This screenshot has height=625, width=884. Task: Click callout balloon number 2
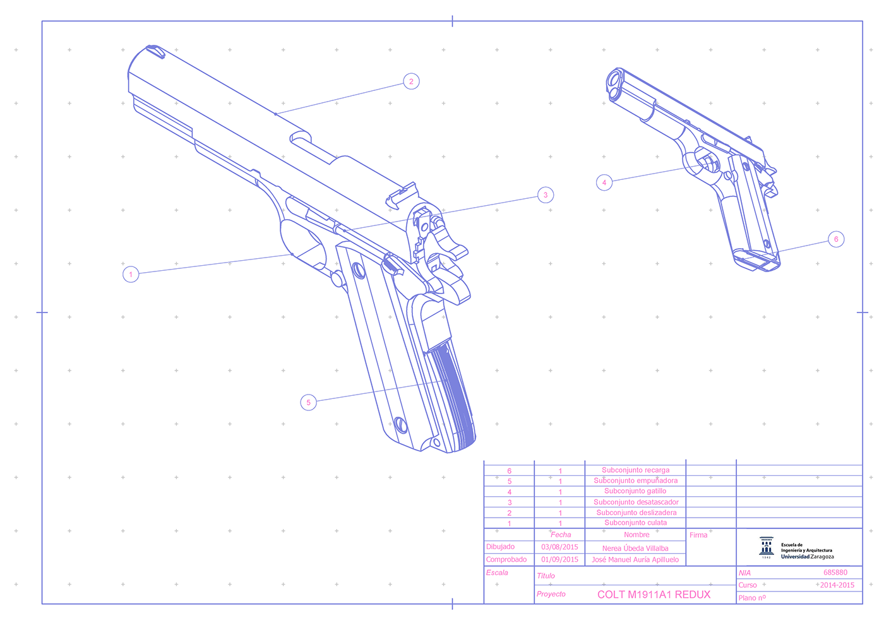pyautogui.click(x=411, y=81)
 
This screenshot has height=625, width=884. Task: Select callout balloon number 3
pyautogui.click(x=546, y=195)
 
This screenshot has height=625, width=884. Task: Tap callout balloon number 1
pyautogui.click(x=131, y=274)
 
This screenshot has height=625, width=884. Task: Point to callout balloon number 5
pyautogui.click(x=308, y=403)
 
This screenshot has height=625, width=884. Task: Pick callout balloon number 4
pyautogui.click(x=604, y=182)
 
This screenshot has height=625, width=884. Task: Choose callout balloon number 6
pyautogui.click(x=836, y=239)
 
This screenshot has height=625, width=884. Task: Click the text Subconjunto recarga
pyautogui.click(x=635, y=470)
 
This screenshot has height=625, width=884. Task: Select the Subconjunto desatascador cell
pyautogui.click(x=636, y=502)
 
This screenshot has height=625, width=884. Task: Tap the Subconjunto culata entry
pyautogui.click(x=635, y=523)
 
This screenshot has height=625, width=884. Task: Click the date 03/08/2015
pyautogui.click(x=559, y=547)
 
